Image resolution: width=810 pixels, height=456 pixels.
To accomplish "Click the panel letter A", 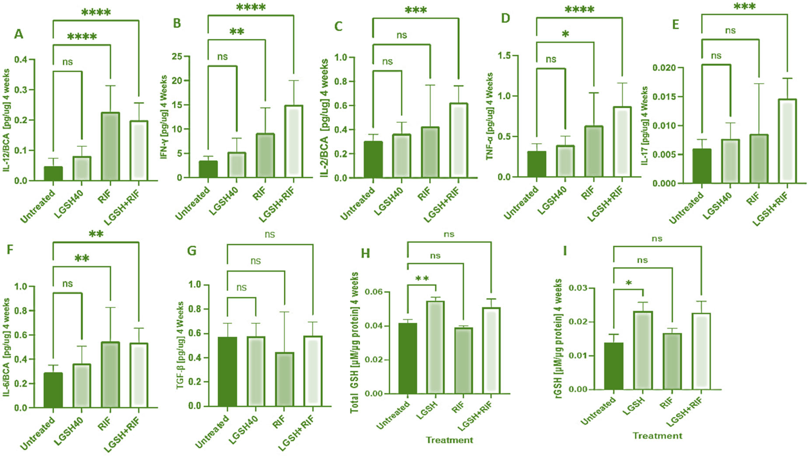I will (x=19, y=34).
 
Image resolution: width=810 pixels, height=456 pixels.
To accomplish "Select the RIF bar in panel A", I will (x=110, y=146).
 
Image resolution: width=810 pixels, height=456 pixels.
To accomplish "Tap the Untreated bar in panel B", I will (x=208, y=169).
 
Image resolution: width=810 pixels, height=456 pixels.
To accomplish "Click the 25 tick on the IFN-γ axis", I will (x=177, y=57).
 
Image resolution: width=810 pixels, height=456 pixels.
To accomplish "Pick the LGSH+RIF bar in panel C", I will (x=459, y=140).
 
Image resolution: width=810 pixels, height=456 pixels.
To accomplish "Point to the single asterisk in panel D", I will (x=565, y=34).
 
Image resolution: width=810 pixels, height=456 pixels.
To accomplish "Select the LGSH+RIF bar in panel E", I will (x=787, y=141).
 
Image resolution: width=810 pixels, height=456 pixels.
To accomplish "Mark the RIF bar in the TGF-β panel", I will (x=285, y=379).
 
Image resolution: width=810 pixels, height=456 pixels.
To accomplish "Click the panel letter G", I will (x=192, y=251).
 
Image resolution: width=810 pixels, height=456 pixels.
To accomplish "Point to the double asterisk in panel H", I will (x=422, y=279).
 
